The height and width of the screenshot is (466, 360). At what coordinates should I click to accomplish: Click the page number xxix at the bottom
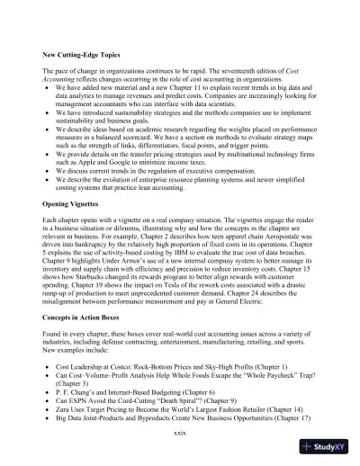point(179,434)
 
